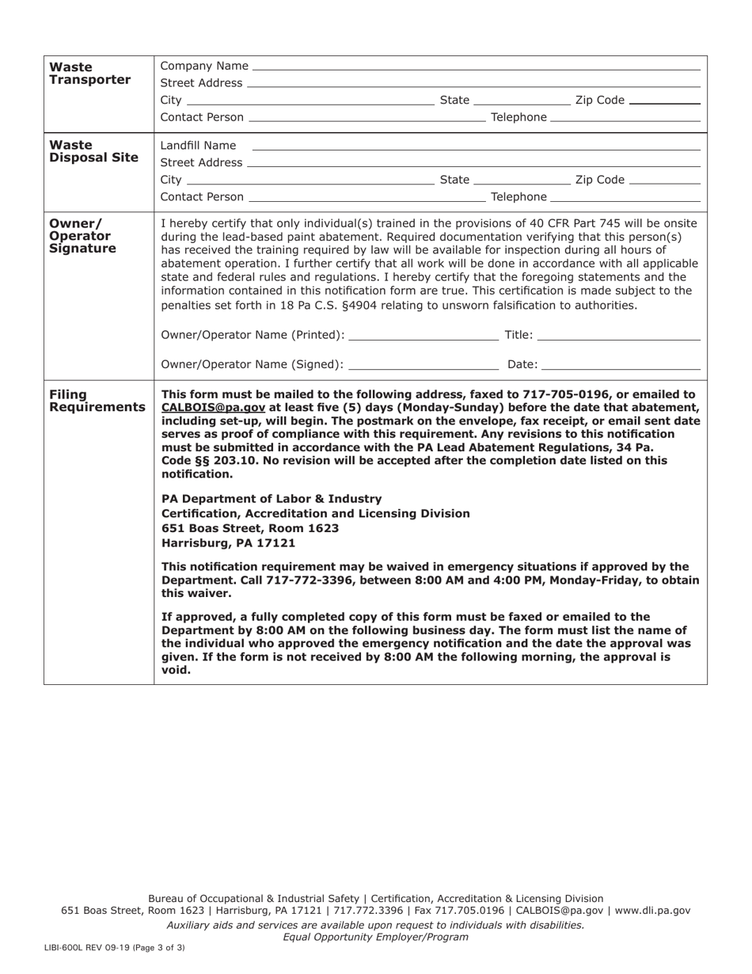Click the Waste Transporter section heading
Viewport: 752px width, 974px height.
click(89, 74)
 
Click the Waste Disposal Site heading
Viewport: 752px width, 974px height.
click(93, 151)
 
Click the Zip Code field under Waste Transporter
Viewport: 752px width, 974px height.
click(663, 101)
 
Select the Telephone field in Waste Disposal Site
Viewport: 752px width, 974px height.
click(625, 197)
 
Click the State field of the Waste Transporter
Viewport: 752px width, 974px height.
click(521, 101)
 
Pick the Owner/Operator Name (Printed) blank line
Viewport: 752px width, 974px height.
click(423, 336)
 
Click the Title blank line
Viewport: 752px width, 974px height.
click(618, 336)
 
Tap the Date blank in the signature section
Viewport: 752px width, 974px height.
click(621, 365)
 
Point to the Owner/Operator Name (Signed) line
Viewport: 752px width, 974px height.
click(423, 365)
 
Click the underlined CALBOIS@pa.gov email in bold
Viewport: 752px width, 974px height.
click(213, 408)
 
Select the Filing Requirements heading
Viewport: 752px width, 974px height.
click(97, 401)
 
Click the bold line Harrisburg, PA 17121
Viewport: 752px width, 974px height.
click(228, 543)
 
